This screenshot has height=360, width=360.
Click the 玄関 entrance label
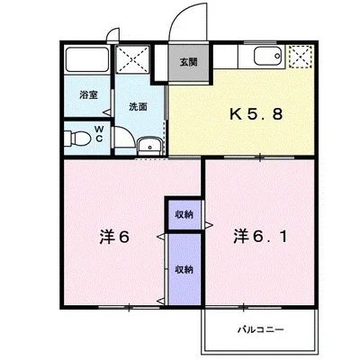click(188, 62)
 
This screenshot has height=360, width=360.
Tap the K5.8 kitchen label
click(256, 114)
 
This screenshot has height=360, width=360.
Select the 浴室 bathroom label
click(88, 95)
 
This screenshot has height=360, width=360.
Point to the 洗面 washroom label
click(138, 107)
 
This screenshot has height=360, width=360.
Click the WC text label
click(99, 134)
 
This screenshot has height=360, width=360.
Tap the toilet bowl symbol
click(77, 139)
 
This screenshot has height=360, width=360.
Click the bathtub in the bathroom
click(87, 59)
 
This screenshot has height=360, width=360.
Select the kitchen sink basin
click(267, 56)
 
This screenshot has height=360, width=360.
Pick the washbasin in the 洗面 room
click(150, 147)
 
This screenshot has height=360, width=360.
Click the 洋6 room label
click(114, 237)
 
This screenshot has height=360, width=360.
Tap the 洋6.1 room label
click(260, 237)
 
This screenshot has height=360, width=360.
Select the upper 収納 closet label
click(184, 215)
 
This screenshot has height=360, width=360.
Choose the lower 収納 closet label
click(184, 270)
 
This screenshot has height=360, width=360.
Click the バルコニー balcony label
click(261, 330)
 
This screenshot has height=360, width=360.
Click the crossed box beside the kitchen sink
click(301, 57)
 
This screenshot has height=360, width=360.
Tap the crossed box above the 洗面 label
click(132, 59)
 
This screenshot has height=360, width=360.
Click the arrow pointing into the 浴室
click(107, 112)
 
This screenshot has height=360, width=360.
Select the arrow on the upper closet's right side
click(209, 224)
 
